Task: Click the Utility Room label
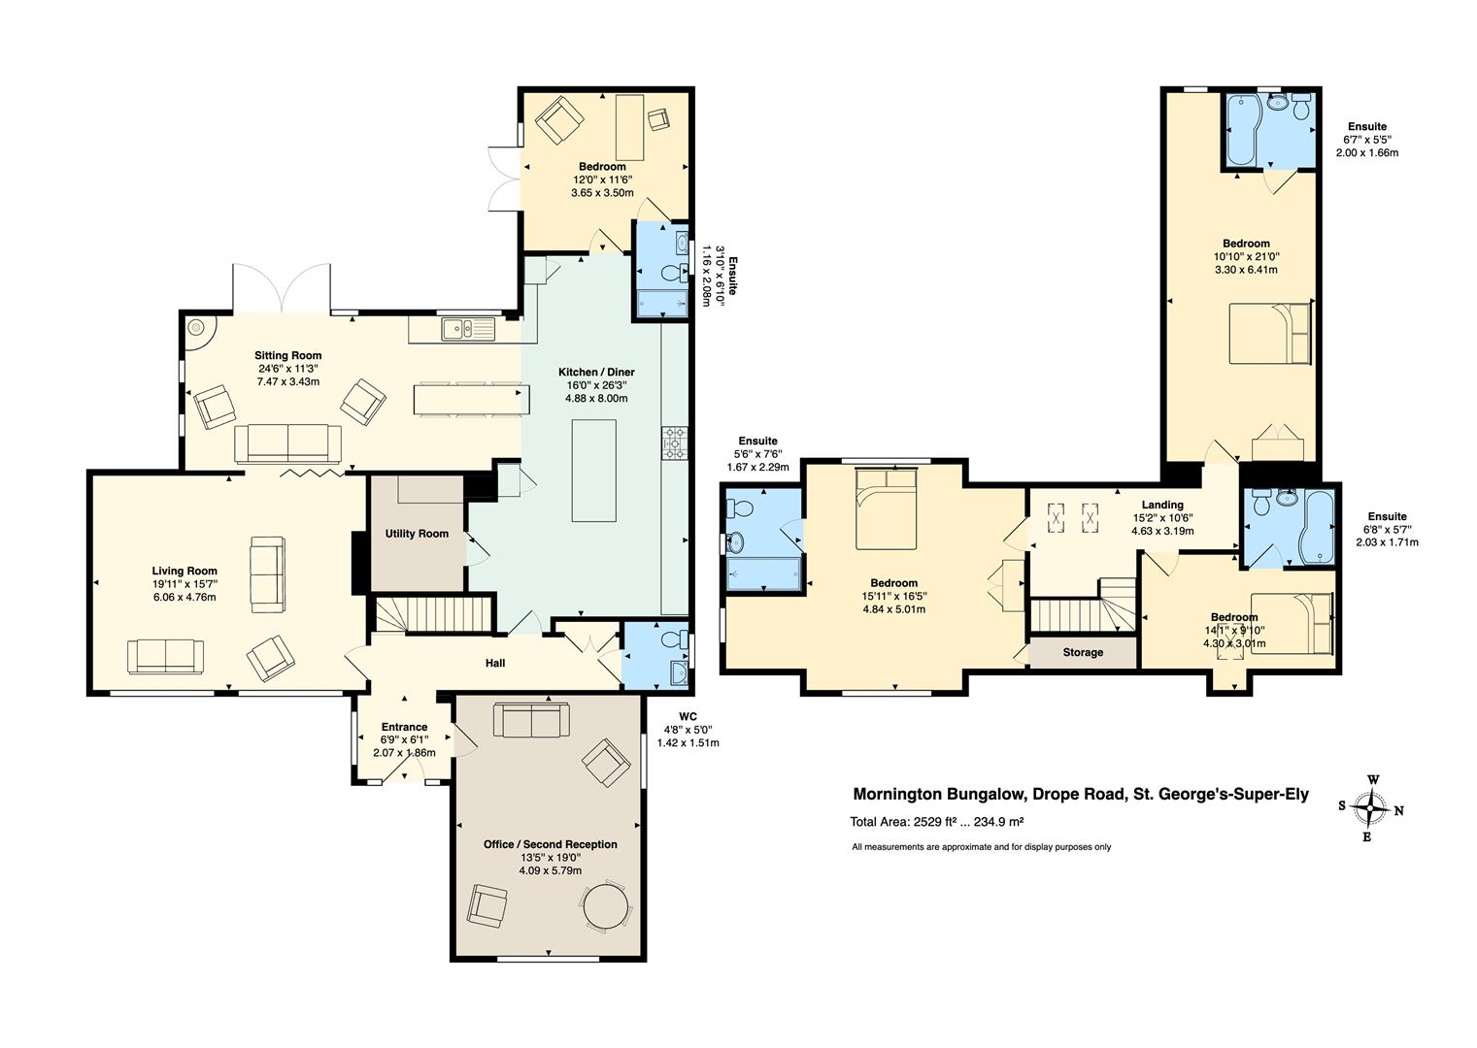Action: click(x=417, y=534)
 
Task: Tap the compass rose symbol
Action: click(x=1371, y=807)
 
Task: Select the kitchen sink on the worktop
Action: click(x=469, y=329)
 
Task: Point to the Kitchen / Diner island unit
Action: click(x=594, y=471)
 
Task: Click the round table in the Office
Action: click(x=606, y=905)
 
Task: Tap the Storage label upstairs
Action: click(x=1083, y=652)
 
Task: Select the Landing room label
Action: click(x=1162, y=505)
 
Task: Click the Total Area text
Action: click(x=936, y=821)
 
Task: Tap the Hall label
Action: click(x=495, y=664)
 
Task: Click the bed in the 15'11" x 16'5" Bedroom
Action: click(x=887, y=508)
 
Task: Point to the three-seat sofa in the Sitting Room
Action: click(x=288, y=443)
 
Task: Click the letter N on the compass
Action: click(x=1398, y=811)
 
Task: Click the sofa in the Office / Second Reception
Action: click(x=531, y=720)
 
